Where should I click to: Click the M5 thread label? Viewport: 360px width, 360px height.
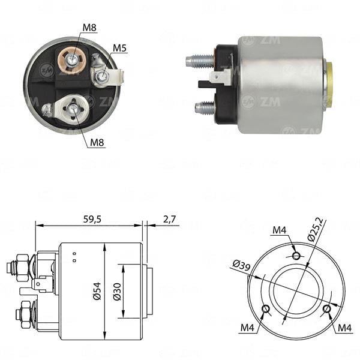(x=119, y=48)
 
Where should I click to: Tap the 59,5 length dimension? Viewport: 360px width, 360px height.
(x=92, y=220)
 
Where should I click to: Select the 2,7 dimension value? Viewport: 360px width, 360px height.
(x=169, y=219)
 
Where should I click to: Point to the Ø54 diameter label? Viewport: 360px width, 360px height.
(x=97, y=291)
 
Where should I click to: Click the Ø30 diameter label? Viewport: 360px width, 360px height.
(x=117, y=292)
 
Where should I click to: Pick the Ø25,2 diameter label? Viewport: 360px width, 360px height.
(x=316, y=230)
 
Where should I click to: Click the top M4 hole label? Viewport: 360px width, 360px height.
(x=280, y=230)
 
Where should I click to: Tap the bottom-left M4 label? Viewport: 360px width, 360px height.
(x=247, y=328)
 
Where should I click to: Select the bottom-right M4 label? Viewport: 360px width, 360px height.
(x=344, y=328)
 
